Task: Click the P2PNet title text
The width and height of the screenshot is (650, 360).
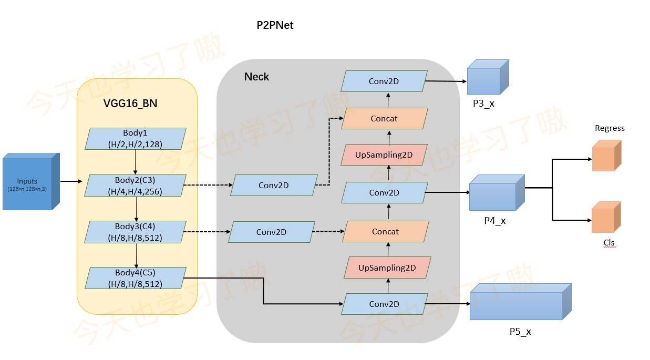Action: [274, 25]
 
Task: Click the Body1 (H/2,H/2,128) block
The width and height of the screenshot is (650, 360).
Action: [136, 138]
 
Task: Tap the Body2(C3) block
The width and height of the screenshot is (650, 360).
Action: [136, 186]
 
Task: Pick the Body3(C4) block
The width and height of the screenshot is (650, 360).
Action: [136, 232]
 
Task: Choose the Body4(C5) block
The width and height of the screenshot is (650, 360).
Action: [136, 278]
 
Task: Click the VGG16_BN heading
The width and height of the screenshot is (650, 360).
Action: [130, 104]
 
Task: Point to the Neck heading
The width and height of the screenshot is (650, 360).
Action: [256, 77]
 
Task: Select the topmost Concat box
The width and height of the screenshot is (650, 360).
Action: [384, 119]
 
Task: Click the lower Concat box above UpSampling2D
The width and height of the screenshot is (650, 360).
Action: [385, 232]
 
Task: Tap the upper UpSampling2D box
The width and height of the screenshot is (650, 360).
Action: [384, 155]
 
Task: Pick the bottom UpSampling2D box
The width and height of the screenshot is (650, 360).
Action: [387, 268]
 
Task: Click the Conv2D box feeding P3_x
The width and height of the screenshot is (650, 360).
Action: [384, 81]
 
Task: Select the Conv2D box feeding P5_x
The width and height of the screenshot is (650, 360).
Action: [384, 304]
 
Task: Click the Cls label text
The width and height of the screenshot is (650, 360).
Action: [609, 243]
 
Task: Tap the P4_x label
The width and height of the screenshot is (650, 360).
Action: [494, 221]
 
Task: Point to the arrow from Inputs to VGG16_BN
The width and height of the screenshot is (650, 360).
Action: [71, 181]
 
